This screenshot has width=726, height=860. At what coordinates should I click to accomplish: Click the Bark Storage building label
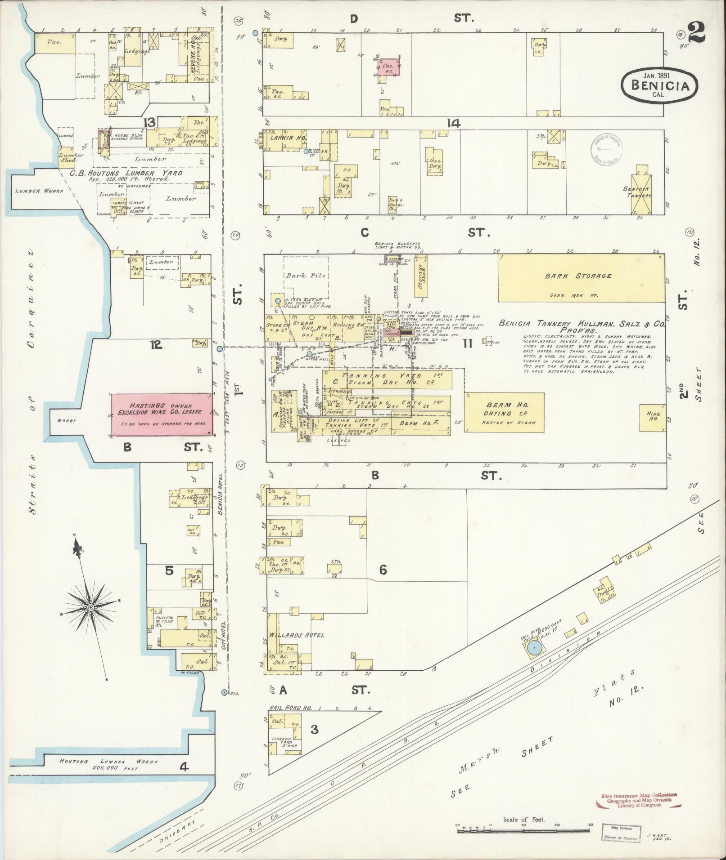coord(578,276)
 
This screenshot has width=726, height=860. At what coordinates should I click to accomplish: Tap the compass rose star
coord(90,607)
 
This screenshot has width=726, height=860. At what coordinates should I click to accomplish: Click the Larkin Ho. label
coord(288,138)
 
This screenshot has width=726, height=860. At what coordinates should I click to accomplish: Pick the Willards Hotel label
coord(297,635)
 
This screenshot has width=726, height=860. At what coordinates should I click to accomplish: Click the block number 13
coord(149,122)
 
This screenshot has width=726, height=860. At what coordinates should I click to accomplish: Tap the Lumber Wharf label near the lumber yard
coord(40,191)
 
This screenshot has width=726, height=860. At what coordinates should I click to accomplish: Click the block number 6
coord(383,570)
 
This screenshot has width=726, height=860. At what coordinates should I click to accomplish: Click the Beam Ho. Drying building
coord(504,413)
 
